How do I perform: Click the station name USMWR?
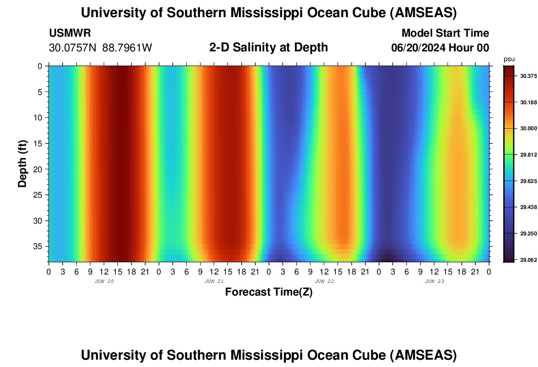[x=70, y=33]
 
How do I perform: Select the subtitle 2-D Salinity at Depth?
[x=269, y=47]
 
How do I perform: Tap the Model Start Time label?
[x=445, y=33]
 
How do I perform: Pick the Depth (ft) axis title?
[x=22, y=163]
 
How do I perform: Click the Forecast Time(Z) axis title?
[x=269, y=292]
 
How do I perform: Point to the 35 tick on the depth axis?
[x=40, y=246]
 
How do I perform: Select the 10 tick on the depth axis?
[x=40, y=117]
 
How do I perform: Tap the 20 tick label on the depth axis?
[x=40, y=169]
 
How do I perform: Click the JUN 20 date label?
[x=104, y=281]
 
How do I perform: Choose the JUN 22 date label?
[x=324, y=281]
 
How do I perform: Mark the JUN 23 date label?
[x=434, y=281]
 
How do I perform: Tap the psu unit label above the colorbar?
[x=509, y=59]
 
